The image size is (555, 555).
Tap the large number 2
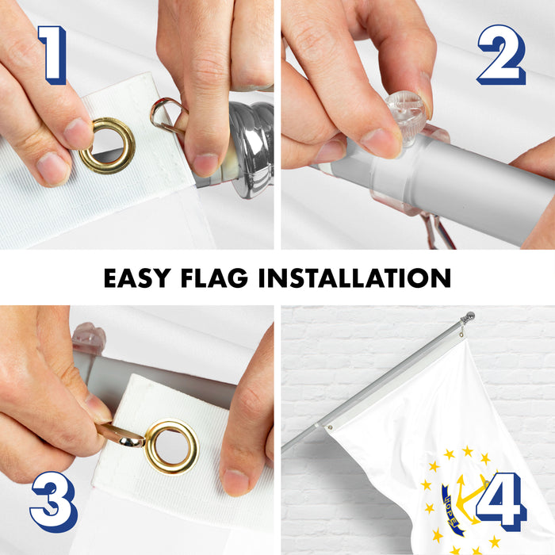coord(502,55)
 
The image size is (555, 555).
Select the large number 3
coord(54,502)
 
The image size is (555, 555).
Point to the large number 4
coord(502,502)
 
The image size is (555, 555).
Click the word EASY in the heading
coord(137,277)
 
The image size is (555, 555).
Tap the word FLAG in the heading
coord(215,277)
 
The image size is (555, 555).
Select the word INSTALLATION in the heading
coord(355,277)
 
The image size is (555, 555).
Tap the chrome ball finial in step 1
coord(252,149)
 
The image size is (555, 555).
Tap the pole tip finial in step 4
coord(469,316)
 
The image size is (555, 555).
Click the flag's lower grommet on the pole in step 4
coord(330,427)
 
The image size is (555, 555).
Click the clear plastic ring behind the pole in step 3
coord(89,339)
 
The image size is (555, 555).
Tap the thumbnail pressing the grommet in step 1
coord(77,133)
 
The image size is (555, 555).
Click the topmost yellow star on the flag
coord(468,451)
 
